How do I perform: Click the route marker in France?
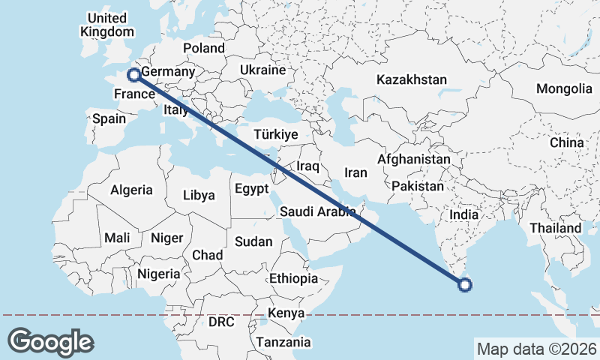[x=133, y=74]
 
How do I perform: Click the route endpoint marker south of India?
[x=465, y=284]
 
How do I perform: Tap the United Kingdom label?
[x=106, y=25]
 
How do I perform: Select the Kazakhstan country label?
[x=412, y=79]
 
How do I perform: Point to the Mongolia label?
[x=564, y=88]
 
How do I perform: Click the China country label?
[x=566, y=142]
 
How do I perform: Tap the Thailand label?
[x=555, y=228]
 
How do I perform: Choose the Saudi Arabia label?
[x=317, y=211]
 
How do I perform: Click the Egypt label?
[x=251, y=189]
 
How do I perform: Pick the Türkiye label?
[x=277, y=134]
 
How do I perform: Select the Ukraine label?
[x=262, y=70]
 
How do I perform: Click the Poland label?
[x=203, y=48]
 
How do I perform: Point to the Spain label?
[x=109, y=118]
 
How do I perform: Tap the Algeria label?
[x=131, y=190]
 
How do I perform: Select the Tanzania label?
[x=283, y=342]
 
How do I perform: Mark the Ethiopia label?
[x=293, y=278]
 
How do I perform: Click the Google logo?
[x=50, y=342]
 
